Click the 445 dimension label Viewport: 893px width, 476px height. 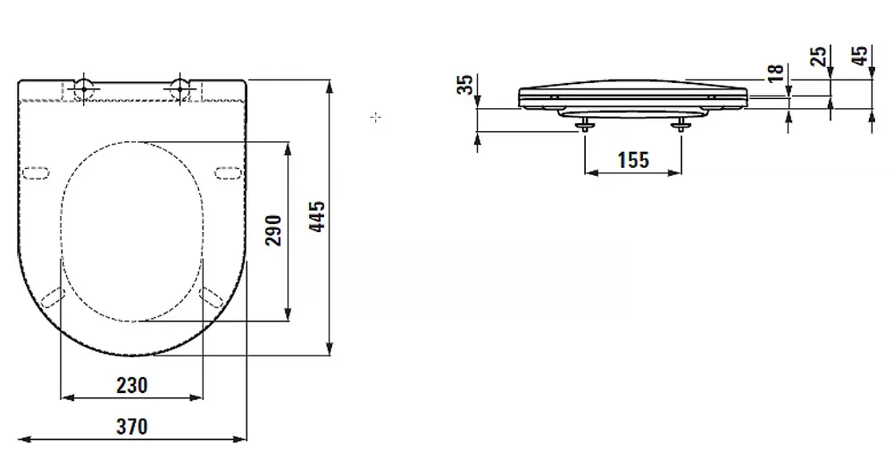click(318, 216)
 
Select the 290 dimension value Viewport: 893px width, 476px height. click(274, 230)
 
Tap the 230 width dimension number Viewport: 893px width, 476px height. click(132, 386)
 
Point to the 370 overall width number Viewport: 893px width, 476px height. click(132, 427)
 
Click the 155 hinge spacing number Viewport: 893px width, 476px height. click(633, 160)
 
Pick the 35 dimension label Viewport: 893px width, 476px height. click(466, 85)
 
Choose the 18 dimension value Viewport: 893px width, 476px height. click(776, 73)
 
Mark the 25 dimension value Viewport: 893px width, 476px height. click(818, 56)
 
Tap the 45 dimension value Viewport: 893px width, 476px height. click(860, 55)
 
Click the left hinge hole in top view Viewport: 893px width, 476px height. click(84, 88)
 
